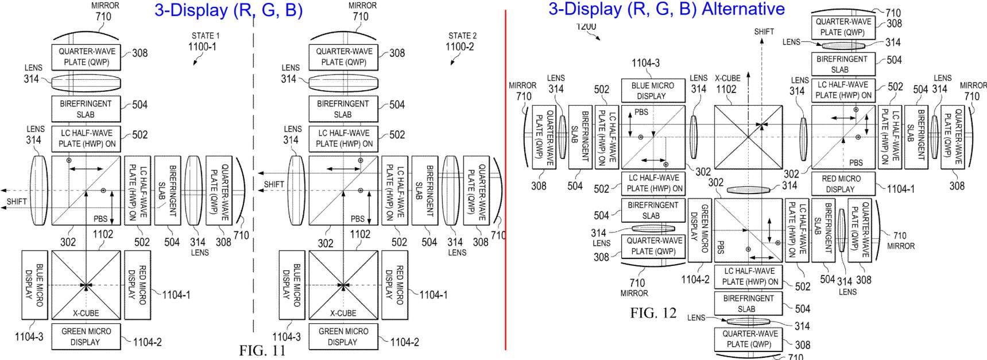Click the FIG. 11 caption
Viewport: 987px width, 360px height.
click(x=262, y=351)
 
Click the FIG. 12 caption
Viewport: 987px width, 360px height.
click(x=653, y=313)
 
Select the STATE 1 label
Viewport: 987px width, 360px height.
click(x=205, y=36)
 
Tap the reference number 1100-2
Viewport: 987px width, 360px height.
click(x=459, y=47)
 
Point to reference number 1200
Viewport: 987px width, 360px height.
click(x=586, y=26)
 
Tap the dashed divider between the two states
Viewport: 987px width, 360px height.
click(x=253, y=172)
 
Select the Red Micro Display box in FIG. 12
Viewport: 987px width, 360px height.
click(x=841, y=183)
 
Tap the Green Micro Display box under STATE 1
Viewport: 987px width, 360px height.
click(x=86, y=336)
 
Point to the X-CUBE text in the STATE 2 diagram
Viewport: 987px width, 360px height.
click(x=343, y=313)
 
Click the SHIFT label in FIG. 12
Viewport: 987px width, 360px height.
click(x=764, y=32)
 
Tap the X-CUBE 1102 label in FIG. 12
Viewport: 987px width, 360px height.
click(x=727, y=84)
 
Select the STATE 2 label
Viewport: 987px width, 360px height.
click(x=462, y=36)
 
